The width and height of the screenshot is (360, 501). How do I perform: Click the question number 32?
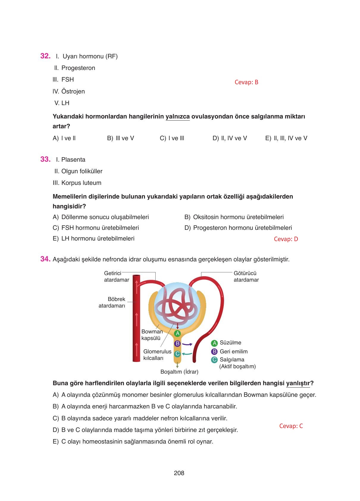(45, 56)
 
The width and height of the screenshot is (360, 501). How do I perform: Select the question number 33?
(45, 159)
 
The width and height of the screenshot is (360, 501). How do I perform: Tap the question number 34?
(45, 259)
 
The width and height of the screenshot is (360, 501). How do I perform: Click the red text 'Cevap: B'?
(246, 82)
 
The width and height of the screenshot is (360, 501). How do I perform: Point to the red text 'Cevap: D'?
(286, 239)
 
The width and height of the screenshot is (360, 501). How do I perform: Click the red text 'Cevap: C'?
(291, 426)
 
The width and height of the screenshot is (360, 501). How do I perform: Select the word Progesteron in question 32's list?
(78, 68)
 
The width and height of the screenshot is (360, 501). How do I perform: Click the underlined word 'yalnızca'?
(178, 116)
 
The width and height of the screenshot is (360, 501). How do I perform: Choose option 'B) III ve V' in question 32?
(120, 138)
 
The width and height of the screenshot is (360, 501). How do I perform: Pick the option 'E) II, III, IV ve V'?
(286, 138)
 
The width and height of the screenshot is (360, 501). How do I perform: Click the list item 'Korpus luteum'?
(81, 183)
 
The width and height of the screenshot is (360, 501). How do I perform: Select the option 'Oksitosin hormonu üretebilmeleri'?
(238, 217)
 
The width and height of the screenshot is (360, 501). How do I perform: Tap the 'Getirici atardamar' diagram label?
(116, 277)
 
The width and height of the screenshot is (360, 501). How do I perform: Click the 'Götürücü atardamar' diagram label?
(246, 277)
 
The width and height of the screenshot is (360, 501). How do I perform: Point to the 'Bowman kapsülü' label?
(152, 335)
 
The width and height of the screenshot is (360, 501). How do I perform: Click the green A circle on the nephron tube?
(177, 333)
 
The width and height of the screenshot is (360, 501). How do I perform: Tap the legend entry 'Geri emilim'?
(234, 352)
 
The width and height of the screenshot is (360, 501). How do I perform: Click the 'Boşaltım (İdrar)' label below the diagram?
(179, 372)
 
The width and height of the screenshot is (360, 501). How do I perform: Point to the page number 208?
(179, 473)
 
